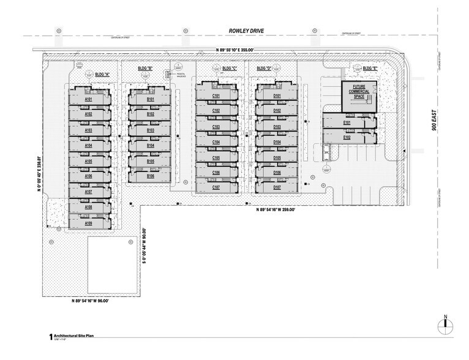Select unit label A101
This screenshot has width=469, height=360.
88,99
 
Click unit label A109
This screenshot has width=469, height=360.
88,223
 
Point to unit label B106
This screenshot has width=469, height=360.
150,176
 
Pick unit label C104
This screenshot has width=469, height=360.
216,142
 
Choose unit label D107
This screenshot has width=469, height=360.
277,187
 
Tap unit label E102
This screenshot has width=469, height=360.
347,138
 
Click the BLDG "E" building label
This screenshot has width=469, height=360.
370,69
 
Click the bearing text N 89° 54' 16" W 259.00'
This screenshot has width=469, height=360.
276,211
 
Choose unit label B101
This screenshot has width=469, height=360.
150,99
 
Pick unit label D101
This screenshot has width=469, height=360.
277,96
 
